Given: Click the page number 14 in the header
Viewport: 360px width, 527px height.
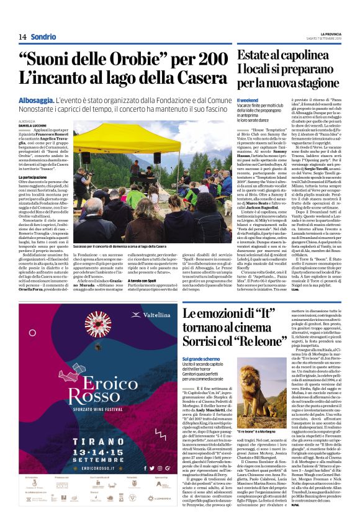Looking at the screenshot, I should click(22, 37).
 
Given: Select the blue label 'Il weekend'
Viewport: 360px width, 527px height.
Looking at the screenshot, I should click(247, 100).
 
